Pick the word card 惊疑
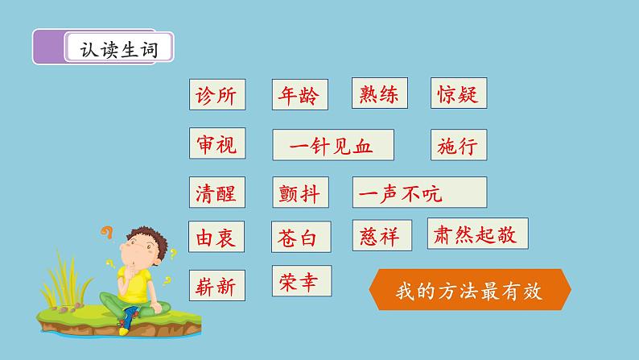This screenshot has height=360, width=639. pyautogui.click(x=459, y=95)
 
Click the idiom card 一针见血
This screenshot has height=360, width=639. pyautogui.click(x=332, y=146)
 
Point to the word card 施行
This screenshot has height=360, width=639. pyautogui.click(x=459, y=145)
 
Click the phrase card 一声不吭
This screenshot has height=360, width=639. pyautogui.click(x=418, y=193)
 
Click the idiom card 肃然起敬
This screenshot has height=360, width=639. pyautogui.click(x=477, y=234)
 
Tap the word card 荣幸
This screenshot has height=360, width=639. pyautogui.click(x=301, y=281)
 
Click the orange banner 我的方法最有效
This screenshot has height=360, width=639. pyautogui.click(x=470, y=291)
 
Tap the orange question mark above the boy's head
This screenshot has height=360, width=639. pyautogui.click(x=105, y=234)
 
